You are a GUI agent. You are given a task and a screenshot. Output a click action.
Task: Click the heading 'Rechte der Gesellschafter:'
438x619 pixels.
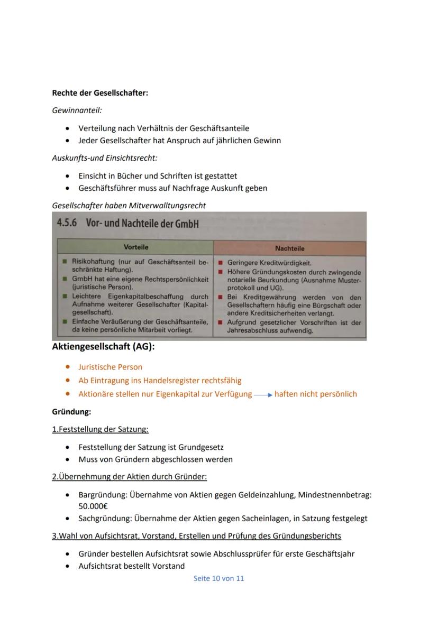(100, 93)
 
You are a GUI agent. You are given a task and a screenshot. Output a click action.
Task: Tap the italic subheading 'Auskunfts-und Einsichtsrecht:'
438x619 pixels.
(104, 158)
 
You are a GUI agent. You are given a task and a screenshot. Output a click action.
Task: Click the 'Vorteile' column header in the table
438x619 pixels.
(136, 247)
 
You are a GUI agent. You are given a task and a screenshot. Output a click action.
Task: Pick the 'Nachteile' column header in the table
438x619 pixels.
(290, 248)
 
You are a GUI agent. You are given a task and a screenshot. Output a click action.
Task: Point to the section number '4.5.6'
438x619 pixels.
(67, 224)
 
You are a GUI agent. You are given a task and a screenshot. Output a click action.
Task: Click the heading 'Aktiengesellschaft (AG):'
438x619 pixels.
(103, 347)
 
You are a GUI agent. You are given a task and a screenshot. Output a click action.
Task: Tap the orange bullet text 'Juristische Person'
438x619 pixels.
(110, 367)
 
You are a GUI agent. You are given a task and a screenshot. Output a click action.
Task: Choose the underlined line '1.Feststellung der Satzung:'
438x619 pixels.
(100, 429)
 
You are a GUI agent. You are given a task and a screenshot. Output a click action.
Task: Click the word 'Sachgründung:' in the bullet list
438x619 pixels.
(105, 519)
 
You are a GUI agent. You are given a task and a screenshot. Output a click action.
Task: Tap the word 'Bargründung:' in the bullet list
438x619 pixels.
(102, 495)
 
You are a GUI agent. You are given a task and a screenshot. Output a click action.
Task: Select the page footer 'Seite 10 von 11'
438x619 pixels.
(219, 578)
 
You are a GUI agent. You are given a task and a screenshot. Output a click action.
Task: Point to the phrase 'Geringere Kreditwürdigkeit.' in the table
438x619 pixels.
(269, 263)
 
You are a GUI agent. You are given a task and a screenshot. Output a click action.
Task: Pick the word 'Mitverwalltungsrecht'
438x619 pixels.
(170, 205)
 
